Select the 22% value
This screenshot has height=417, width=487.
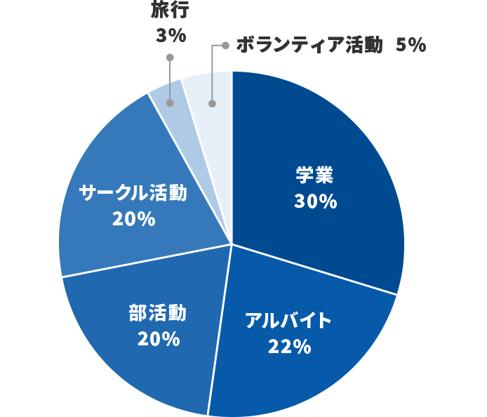pos(288,346)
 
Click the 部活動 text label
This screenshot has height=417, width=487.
pos(158,313)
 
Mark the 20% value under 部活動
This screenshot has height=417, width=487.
pos(159,339)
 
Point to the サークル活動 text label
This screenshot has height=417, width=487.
pos(133,192)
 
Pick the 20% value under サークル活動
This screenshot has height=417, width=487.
pos(133,218)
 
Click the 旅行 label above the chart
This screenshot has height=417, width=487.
pos(170,10)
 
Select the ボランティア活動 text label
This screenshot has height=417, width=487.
pos(309,45)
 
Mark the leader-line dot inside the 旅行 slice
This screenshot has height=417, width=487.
pos(169,102)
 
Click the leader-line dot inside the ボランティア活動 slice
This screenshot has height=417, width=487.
pos(212,104)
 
